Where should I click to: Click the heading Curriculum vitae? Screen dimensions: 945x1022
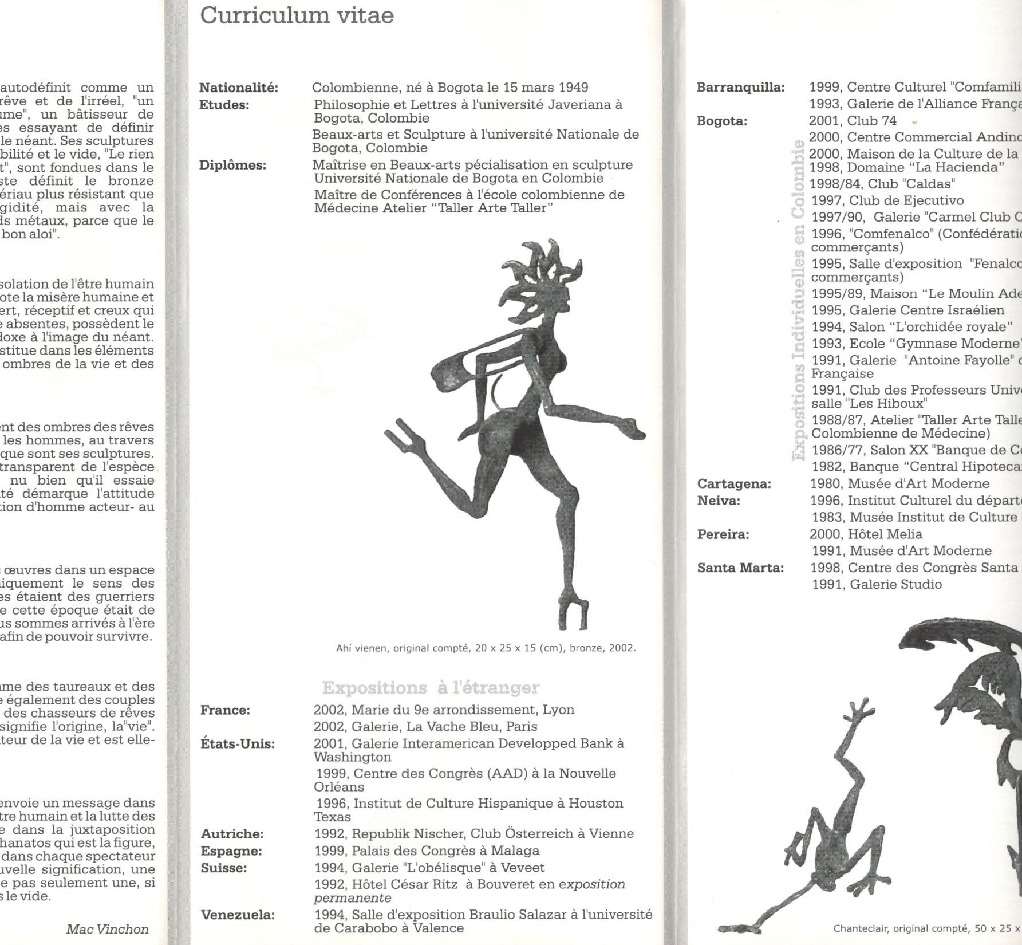(x=297, y=15)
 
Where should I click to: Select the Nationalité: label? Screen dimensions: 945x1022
(x=238, y=88)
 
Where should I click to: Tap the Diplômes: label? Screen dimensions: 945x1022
(x=232, y=166)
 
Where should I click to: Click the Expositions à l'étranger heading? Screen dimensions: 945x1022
(x=431, y=687)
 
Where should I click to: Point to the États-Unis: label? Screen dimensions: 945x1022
(x=237, y=744)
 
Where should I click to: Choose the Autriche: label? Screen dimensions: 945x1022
(x=232, y=834)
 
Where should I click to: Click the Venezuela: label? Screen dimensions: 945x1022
(x=238, y=915)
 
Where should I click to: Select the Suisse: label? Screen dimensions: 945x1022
(x=224, y=868)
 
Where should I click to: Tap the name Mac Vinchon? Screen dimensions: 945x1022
(x=107, y=929)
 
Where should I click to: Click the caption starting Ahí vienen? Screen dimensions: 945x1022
(x=486, y=648)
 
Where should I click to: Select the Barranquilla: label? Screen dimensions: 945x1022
(x=740, y=88)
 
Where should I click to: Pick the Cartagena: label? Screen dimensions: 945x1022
(x=734, y=484)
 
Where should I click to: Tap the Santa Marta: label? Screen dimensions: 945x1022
(x=740, y=568)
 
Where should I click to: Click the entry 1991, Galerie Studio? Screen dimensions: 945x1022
(x=877, y=585)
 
